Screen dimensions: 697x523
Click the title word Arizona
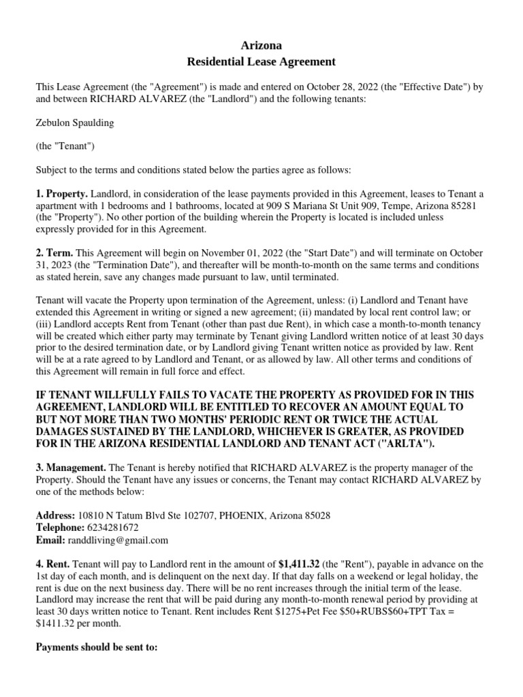click(x=261, y=46)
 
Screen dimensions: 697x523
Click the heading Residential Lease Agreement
click(x=261, y=62)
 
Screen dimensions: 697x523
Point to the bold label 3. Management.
click(x=71, y=468)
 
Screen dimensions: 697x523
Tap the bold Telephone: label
click(x=60, y=528)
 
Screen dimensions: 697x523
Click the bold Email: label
click(x=50, y=540)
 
